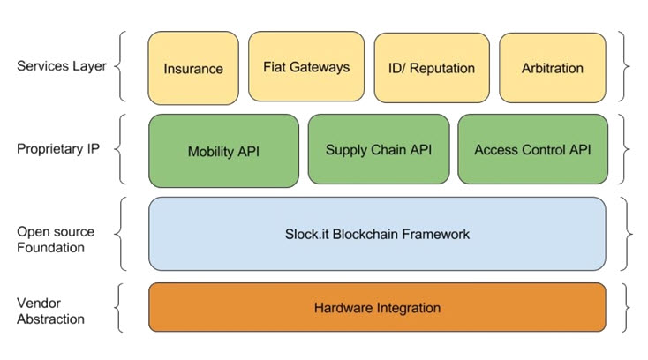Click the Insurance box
tap(193, 68)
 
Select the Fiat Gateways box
tap(306, 66)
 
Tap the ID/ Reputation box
tap(432, 68)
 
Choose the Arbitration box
tap(553, 68)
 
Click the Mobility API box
tap(223, 151)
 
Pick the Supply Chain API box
tap(379, 149)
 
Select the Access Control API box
tap(532, 149)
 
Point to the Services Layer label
tap(62, 66)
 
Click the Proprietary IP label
tap(58, 148)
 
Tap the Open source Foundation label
tap(56, 239)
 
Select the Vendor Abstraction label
tap(50, 311)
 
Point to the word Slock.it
tap(307, 234)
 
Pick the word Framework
tap(436, 234)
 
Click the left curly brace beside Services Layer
tap(119, 66)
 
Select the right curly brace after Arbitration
tap(624, 66)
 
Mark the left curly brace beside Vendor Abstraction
tap(118, 308)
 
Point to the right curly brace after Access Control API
tap(624, 149)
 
